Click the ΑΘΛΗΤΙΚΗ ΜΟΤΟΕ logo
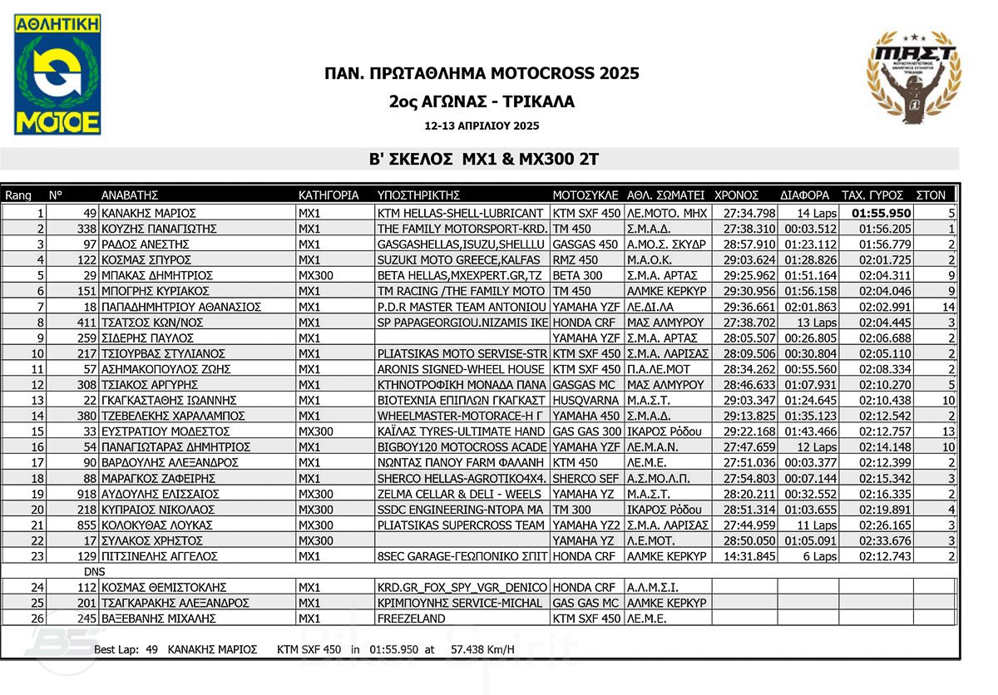[x=57, y=74]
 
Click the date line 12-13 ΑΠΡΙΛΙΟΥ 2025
[x=482, y=126]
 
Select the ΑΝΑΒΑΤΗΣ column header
[x=129, y=195]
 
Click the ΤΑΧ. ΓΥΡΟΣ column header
[x=872, y=195]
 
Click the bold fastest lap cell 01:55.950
[x=881, y=213]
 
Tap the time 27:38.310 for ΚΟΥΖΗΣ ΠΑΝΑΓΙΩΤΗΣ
[x=749, y=229]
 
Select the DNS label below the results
[x=95, y=572]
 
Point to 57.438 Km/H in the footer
[x=482, y=648]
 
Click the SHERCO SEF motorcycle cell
[x=585, y=478]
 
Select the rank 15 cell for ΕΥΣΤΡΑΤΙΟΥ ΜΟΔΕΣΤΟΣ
[x=37, y=431]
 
